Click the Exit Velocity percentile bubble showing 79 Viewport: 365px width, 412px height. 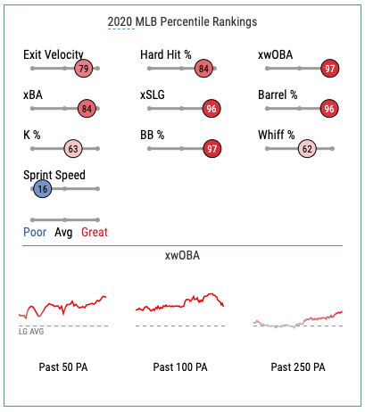coord(84,69)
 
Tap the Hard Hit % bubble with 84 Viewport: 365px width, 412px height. coord(203,69)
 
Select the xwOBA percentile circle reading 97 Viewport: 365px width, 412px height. coord(329,69)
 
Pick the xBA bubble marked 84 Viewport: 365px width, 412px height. coord(87,109)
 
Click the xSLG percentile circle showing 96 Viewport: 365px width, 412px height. coord(212,109)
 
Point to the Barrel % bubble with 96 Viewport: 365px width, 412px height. coord(329,109)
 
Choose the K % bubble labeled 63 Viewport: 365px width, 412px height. coord(73,149)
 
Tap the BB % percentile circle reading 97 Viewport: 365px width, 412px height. coord(212,149)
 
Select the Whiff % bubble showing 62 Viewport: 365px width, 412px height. coord(307,149)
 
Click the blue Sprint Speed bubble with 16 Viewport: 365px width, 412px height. coord(43,189)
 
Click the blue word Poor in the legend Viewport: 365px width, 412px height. coord(35,232)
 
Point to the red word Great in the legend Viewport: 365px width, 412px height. coord(95,232)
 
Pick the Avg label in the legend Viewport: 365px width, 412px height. coord(63,233)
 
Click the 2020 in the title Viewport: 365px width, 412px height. coord(120,21)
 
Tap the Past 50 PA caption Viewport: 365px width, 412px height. coord(63,367)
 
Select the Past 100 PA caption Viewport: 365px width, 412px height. coord(180,367)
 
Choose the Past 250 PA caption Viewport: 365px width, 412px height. coord(298,367)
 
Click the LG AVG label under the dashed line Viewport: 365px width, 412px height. coord(31,332)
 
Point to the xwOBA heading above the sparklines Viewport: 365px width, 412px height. coord(182,256)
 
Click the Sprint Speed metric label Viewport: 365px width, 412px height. coord(54,175)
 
